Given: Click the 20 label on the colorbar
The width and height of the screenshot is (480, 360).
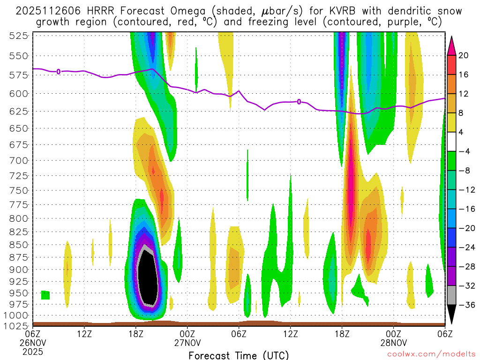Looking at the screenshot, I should point(464,55).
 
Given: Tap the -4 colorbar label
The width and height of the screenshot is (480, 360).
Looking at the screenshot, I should point(464,151).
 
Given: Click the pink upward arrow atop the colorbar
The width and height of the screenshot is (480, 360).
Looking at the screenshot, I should point(451,45).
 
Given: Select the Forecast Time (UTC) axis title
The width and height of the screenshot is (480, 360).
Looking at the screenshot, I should point(239,355).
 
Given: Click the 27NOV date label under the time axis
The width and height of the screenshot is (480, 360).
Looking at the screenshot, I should point(187,342).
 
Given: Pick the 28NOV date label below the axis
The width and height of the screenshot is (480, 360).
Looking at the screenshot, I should point(393,342).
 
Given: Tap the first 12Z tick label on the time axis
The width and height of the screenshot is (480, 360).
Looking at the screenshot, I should point(84,333).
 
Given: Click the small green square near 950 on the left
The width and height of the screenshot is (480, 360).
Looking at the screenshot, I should point(45,295).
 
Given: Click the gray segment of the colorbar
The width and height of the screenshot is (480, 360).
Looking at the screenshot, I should point(451,295).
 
